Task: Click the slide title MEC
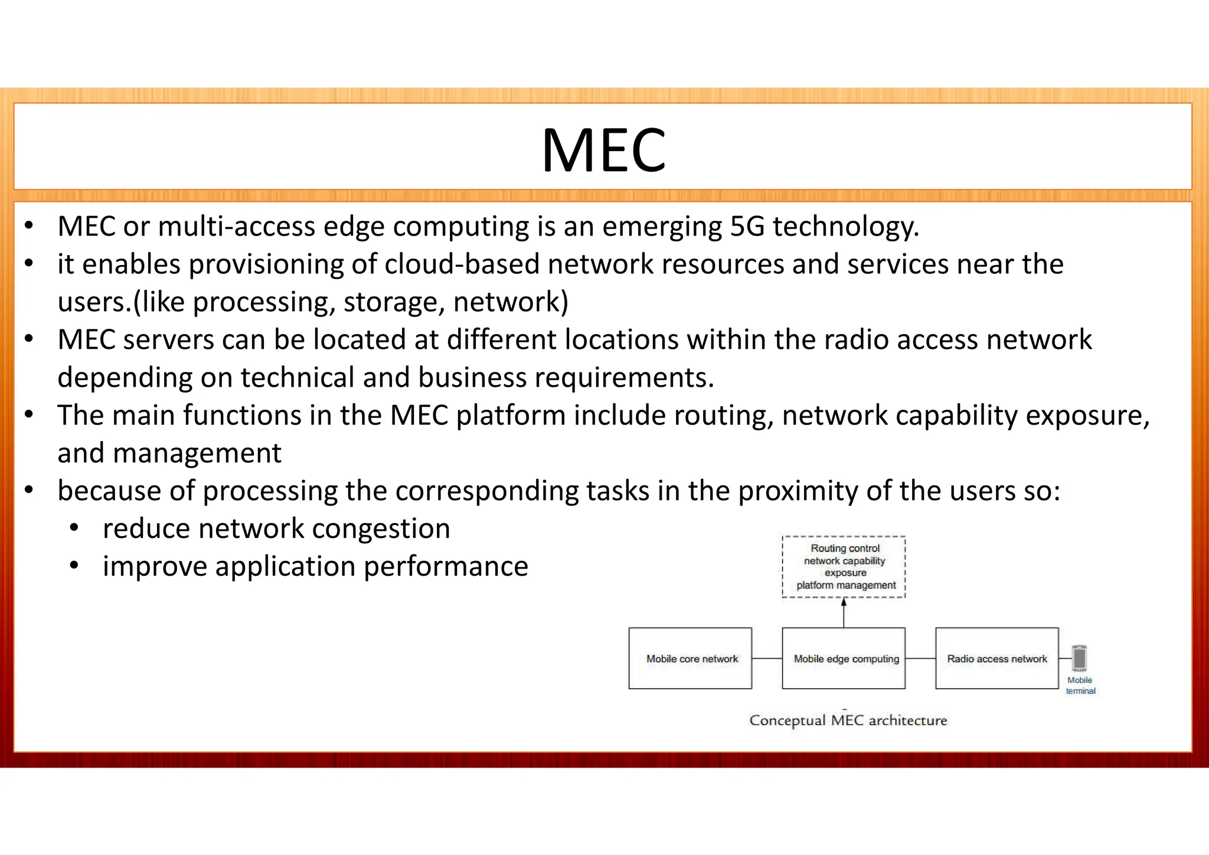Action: point(603,151)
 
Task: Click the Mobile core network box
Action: point(690,658)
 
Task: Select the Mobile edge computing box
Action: point(844,658)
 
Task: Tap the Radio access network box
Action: point(997,658)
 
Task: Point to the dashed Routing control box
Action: point(844,566)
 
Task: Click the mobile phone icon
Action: point(1079,658)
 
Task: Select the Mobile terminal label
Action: point(1080,685)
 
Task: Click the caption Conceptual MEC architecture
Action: point(848,720)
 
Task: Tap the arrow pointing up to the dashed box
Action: point(844,612)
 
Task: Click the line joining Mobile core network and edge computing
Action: point(767,658)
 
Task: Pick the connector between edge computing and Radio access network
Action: point(920,658)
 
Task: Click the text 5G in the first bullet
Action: point(747,226)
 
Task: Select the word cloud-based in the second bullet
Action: point(462,264)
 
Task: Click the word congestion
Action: point(381,528)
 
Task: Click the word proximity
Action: point(798,491)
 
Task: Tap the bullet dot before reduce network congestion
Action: point(74,528)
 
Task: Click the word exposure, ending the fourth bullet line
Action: point(1087,415)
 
